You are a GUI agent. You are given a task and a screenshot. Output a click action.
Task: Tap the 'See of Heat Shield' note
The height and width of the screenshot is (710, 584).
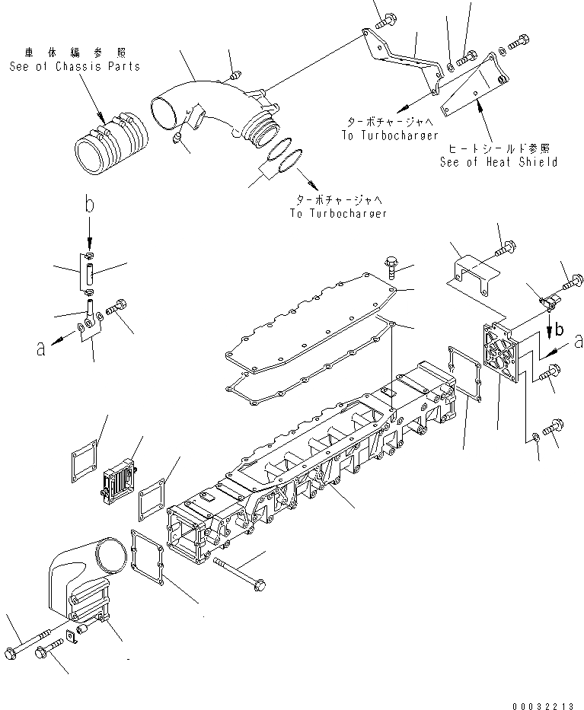498,161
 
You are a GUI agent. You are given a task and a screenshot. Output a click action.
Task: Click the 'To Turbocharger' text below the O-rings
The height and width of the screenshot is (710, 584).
338,213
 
